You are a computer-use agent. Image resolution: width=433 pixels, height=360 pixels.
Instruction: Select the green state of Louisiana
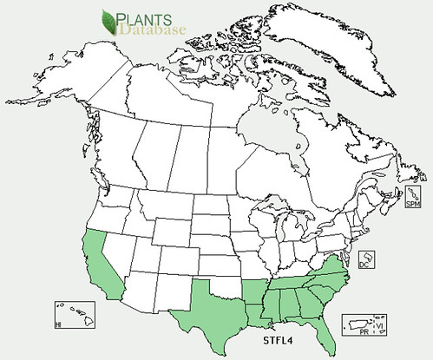[255, 309]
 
